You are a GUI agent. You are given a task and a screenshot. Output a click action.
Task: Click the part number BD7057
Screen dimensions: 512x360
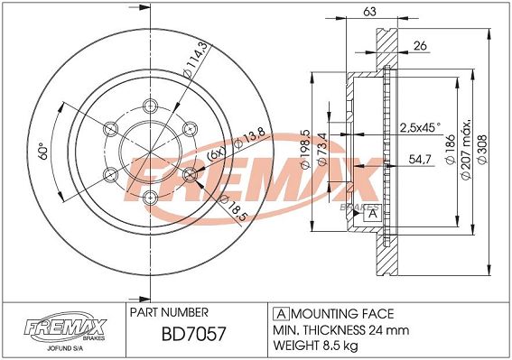click(193, 334)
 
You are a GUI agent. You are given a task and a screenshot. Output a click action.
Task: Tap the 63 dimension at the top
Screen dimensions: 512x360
click(369, 12)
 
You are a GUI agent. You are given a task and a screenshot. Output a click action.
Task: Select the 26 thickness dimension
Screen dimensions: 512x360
click(420, 46)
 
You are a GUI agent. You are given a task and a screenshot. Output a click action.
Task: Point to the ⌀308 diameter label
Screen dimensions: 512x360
click(482, 149)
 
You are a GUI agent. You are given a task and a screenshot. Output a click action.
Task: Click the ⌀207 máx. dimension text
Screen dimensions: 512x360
click(466, 149)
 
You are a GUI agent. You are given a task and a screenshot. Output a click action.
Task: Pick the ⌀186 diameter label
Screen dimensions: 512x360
click(451, 149)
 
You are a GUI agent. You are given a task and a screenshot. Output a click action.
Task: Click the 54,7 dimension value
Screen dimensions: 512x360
click(420, 160)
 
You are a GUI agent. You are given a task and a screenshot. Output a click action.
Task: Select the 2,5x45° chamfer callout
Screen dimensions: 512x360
click(420, 127)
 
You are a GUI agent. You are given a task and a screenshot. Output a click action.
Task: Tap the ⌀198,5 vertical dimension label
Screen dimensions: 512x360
click(305, 149)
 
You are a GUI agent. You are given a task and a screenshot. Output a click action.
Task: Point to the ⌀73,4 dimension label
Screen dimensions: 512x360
click(322, 149)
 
